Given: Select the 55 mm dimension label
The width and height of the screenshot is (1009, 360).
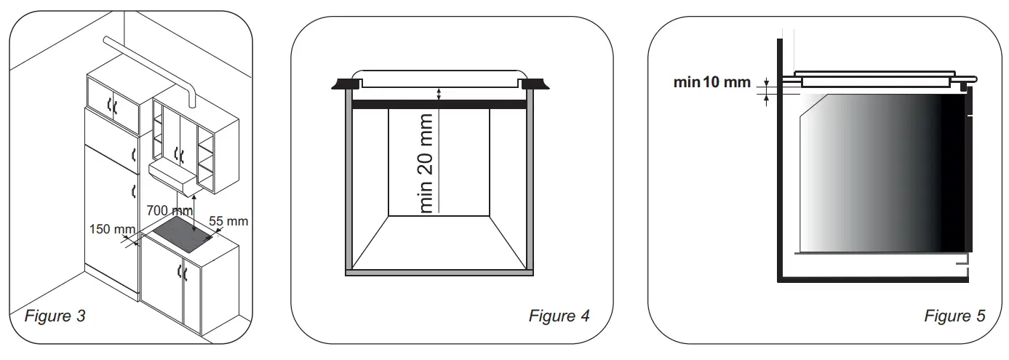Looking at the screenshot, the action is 228,220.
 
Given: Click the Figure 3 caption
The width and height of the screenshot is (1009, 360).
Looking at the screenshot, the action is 55,316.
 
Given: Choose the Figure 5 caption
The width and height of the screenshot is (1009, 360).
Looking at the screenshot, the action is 954,316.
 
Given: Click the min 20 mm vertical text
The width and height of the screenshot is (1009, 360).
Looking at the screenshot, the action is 427,162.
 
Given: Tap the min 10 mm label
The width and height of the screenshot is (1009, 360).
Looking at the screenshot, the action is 711,82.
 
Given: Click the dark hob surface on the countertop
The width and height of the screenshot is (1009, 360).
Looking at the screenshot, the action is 182,235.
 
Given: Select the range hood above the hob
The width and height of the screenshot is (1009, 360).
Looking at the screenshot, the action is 172,175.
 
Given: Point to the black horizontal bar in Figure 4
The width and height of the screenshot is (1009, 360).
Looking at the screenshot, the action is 439,105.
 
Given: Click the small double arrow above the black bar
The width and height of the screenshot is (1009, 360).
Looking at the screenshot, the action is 439,93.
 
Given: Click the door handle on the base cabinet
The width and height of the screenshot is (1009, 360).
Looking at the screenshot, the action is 183,273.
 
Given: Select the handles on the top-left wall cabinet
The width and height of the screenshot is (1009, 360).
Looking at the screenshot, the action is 113,107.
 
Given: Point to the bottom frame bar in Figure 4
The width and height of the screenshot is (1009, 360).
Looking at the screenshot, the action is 439,273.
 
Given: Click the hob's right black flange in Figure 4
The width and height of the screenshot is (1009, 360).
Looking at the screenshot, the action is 535,84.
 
